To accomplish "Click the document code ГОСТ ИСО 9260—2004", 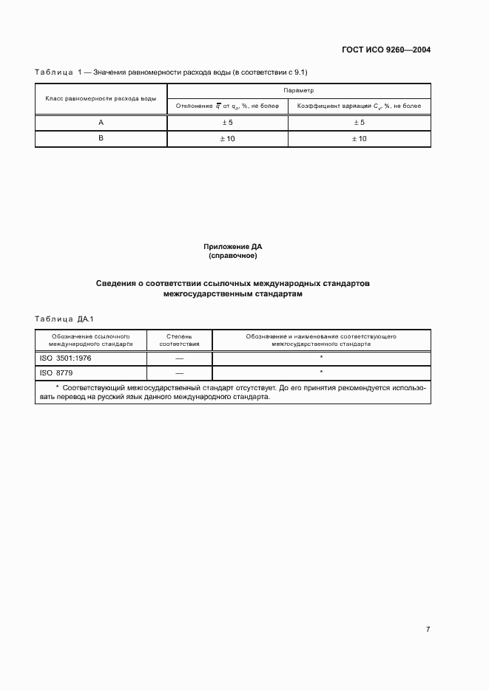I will pos(387,50).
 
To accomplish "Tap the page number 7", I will pos(428,628).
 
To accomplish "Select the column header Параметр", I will pos(299,89).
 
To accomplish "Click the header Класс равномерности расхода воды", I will pos(101,98).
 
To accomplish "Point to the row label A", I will pos(101,123).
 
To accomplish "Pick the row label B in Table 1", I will pos(101,138).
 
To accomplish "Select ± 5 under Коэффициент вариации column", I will pos(359,123).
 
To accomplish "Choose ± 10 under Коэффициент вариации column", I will pos(359,138).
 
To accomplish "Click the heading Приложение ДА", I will pos(232,246).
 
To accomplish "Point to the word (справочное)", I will pos(232,256).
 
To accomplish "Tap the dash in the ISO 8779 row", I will pos(179,373).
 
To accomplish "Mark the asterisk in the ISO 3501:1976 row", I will pos(321,357).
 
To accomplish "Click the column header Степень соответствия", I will pos(179,340).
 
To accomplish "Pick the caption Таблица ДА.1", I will pos(62,319).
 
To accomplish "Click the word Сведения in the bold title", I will pos(121,283).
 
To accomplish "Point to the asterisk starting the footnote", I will pos(58,387).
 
